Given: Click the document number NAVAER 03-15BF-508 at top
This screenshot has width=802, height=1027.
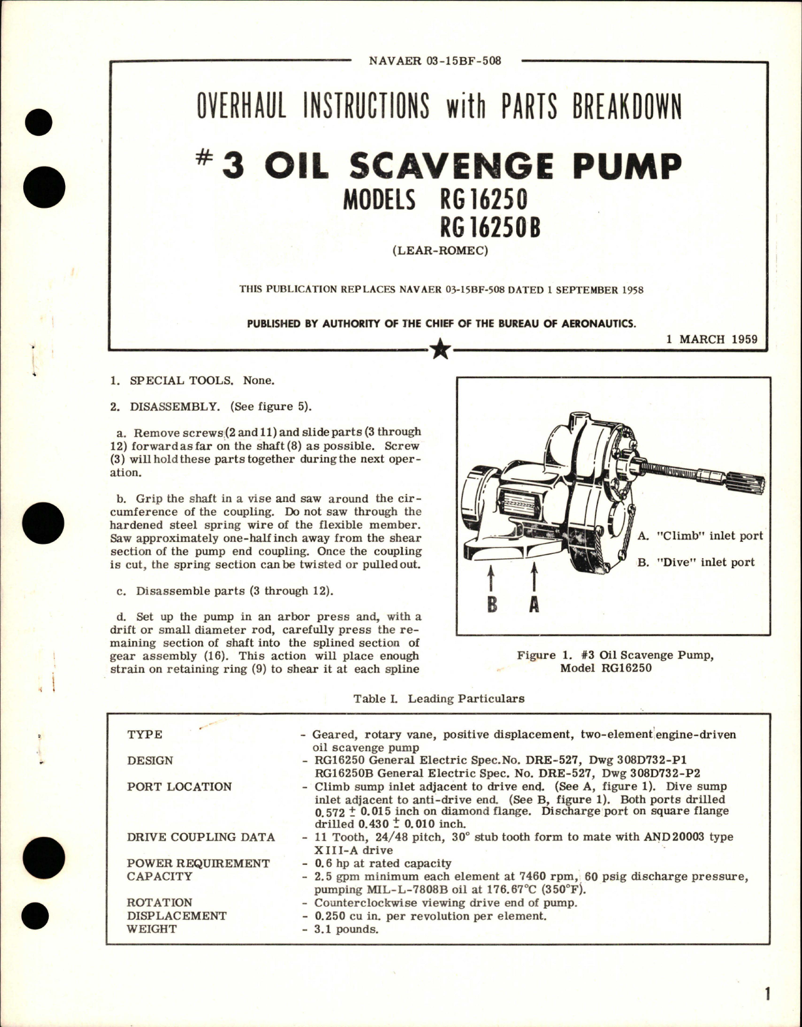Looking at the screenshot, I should click(435, 61).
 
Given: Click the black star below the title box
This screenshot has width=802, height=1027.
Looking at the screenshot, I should click(440, 350).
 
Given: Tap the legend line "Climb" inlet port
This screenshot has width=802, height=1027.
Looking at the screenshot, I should click(699, 536).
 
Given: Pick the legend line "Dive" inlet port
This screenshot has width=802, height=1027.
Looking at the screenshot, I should click(696, 562).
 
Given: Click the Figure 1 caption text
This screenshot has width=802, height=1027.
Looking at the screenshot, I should click(615, 662).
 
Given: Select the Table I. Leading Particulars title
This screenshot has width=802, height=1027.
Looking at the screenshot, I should click(439, 698).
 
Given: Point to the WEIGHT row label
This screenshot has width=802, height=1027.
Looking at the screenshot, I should click(151, 929).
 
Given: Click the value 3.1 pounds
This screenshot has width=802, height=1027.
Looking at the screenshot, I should click(346, 929).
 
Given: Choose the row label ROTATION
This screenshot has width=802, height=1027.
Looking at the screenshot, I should click(160, 902).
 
